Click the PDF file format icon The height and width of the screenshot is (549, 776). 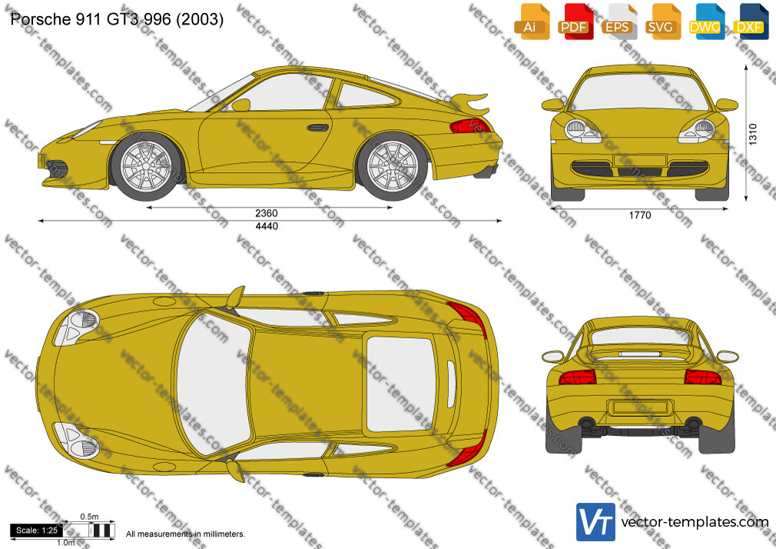click(575, 22)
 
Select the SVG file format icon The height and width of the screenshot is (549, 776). click(662, 22)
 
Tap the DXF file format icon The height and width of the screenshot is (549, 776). click(751, 22)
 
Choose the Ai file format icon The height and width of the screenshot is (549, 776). click(532, 22)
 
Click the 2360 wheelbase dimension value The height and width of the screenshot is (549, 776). click(267, 214)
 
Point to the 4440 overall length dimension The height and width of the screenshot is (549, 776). click(267, 226)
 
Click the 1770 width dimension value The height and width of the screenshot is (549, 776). click(640, 215)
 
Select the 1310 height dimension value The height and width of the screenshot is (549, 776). click(753, 135)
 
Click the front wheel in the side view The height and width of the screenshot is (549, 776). click(146, 167)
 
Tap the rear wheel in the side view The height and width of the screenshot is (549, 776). click(393, 167)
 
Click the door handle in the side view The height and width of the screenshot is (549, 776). click(318, 128)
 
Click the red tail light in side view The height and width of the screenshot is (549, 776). click(469, 126)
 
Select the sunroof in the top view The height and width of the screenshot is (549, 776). click(400, 383)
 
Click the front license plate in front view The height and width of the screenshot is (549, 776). click(640, 161)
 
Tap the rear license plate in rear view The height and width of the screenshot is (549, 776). click(640, 408)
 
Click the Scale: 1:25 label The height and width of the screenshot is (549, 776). click(37, 531)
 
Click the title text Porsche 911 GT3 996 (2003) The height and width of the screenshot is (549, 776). click(117, 19)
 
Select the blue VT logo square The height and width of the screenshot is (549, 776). click(596, 522)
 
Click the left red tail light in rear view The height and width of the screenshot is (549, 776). click(577, 377)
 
